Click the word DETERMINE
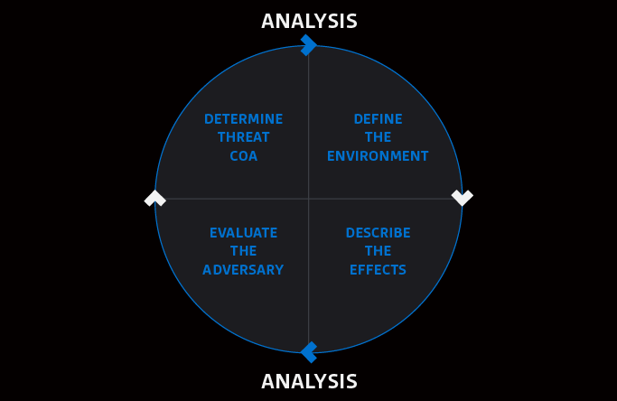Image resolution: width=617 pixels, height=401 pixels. click(x=243, y=119)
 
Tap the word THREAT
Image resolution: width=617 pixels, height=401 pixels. click(x=243, y=137)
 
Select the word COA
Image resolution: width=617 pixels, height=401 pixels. click(x=243, y=156)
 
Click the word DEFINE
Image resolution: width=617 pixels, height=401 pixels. click(x=378, y=119)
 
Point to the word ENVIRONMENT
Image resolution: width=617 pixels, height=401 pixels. click(x=378, y=156)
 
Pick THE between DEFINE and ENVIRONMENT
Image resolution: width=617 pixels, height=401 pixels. click(x=378, y=137)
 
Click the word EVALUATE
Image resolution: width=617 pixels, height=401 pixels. click(x=243, y=233)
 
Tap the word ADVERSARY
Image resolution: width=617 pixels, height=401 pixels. click(x=243, y=270)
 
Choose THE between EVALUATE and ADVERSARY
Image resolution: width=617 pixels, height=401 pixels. click(x=243, y=251)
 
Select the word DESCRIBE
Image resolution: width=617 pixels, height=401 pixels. click(x=378, y=233)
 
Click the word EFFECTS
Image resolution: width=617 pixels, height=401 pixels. click(x=378, y=270)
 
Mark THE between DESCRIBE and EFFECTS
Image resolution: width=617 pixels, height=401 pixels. click(x=378, y=251)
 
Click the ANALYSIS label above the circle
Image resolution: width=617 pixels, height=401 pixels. click(x=309, y=21)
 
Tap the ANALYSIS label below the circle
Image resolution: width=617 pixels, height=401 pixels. click(x=309, y=381)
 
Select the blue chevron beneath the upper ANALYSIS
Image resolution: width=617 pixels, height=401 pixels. click(x=309, y=45)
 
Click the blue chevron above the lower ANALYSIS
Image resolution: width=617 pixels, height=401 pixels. click(x=309, y=351)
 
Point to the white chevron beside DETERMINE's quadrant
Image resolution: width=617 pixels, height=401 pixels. click(x=155, y=198)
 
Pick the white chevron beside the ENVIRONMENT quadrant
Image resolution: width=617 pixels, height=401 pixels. click(x=462, y=197)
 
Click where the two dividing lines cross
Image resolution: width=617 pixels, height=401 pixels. click(x=309, y=199)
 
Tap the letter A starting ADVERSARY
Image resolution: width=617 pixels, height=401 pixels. click(x=207, y=270)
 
